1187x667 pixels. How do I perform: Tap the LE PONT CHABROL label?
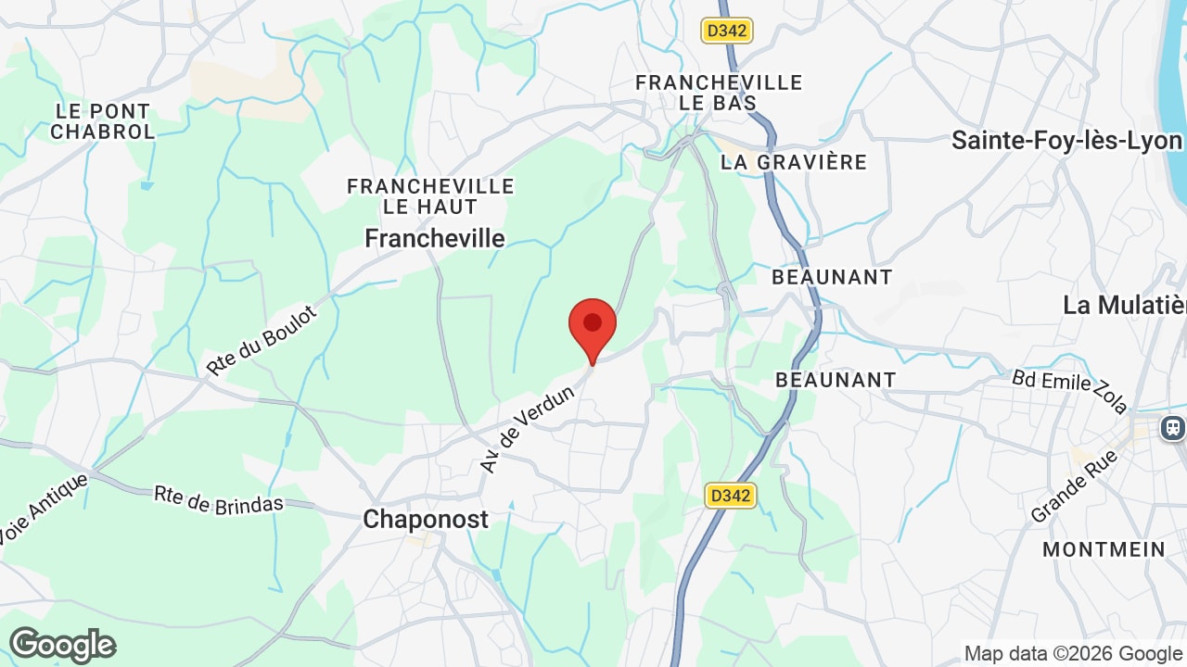(x=102, y=121)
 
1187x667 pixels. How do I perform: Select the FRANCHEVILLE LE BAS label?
(x=719, y=93)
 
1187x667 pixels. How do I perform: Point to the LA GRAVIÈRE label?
(x=794, y=162)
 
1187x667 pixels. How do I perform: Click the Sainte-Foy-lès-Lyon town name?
(x=1066, y=141)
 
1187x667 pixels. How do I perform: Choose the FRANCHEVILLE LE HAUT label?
(x=430, y=196)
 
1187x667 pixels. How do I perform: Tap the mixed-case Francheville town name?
(x=435, y=239)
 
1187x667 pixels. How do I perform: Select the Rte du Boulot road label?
(x=262, y=340)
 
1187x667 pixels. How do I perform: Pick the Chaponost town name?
(x=426, y=520)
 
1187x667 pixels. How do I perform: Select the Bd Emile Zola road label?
(x=1070, y=391)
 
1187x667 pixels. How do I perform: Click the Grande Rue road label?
(x=1074, y=487)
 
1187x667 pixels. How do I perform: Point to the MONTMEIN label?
(x=1104, y=549)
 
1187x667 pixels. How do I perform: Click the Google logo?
(x=62, y=645)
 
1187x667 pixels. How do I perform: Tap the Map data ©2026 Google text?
(x=1074, y=653)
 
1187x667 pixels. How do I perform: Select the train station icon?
(x=1173, y=428)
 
